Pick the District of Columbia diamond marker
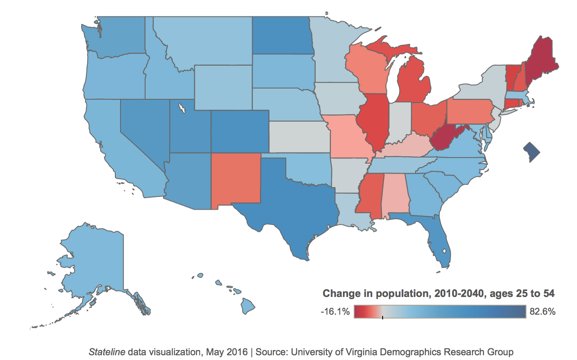pyautogui.click(x=531, y=152)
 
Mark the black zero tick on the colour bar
pyautogui.click(x=382, y=318)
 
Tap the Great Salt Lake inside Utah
pyautogui.click(x=183, y=107)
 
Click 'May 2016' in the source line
pyautogui.click(x=228, y=351)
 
